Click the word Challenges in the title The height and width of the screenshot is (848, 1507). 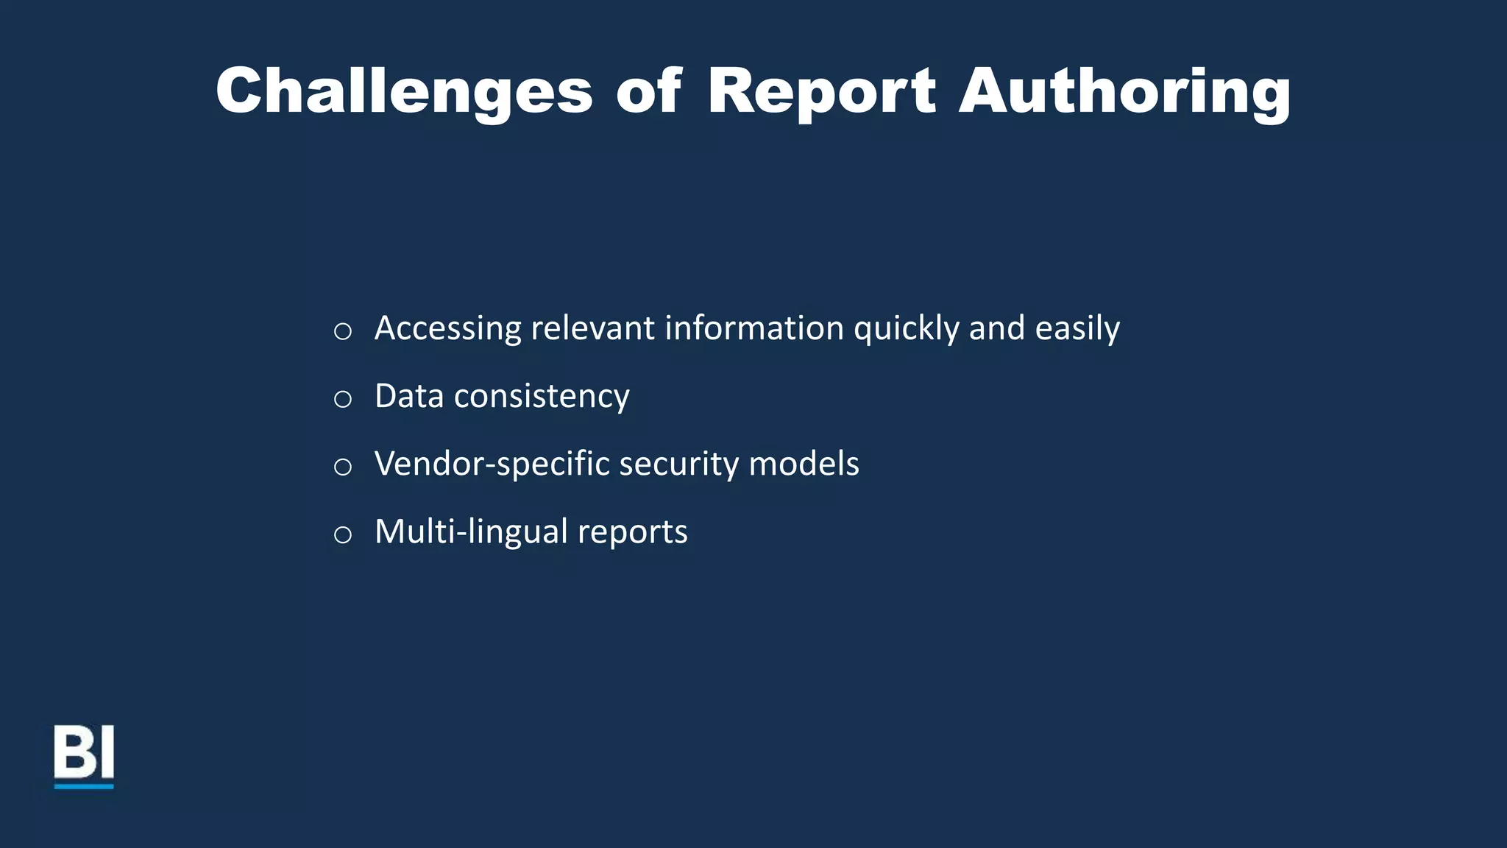(x=404, y=91)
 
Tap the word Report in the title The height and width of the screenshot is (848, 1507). (x=821, y=91)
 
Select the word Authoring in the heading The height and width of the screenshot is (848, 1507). (x=1124, y=91)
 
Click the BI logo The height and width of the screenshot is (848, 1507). (x=84, y=756)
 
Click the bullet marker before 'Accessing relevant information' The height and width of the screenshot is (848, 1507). (x=342, y=331)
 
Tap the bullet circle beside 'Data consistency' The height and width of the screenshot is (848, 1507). (x=342, y=399)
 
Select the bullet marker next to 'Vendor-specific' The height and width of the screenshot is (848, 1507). (x=342, y=467)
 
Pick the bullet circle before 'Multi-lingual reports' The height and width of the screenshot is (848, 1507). (x=342, y=534)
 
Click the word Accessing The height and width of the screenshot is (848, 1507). (x=447, y=328)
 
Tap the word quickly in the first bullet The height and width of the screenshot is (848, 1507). (x=906, y=328)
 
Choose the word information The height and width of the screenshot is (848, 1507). (x=753, y=328)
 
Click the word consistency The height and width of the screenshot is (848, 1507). (x=542, y=396)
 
